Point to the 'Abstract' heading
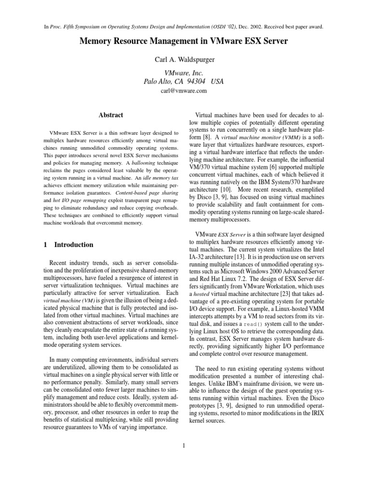111,115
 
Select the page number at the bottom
184,445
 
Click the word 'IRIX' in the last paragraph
316,413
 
